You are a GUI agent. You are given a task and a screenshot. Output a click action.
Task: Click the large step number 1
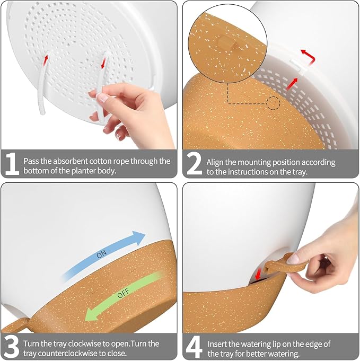click(x=12, y=164)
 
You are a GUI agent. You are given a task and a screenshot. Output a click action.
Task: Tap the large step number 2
click(x=194, y=163)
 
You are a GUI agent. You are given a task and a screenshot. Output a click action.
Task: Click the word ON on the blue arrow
click(x=102, y=254)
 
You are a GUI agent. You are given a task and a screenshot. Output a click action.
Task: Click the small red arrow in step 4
click(x=258, y=274)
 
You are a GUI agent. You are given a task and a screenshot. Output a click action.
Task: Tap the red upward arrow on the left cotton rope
click(x=46, y=59)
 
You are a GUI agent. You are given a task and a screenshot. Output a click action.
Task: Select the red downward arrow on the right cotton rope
click(x=103, y=63)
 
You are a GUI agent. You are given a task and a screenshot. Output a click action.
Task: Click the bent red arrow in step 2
click(x=310, y=56)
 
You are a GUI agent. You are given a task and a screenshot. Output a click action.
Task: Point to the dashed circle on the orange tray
click(x=273, y=103)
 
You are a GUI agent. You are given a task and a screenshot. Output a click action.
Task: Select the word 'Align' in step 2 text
click(x=215, y=163)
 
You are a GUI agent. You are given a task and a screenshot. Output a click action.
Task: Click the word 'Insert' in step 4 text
click(x=217, y=344)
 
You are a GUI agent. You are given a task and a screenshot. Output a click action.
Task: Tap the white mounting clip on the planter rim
click(x=298, y=66)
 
